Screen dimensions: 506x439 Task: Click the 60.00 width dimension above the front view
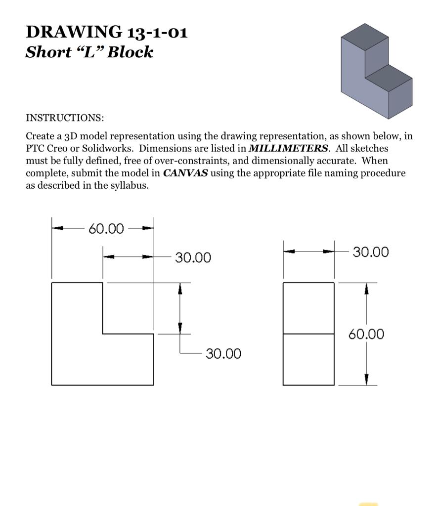click(106, 228)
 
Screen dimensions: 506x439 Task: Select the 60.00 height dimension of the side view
click(366, 334)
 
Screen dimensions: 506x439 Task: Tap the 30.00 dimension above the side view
click(371, 252)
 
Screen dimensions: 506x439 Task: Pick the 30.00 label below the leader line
click(223, 354)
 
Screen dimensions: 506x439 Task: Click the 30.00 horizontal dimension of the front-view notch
click(193, 257)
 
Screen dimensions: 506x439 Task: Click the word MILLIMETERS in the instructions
click(288, 148)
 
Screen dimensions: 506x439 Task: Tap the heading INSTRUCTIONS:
click(65, 118)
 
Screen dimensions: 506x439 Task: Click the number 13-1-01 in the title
click(157, 32)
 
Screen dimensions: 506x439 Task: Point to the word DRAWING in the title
click(74, 32)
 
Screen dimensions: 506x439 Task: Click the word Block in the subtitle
click(130, 52)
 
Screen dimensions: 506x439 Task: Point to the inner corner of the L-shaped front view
click(103, 334)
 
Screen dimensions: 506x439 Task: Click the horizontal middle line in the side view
click(308, 334)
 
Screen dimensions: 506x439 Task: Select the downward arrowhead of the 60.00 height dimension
click(366, 379)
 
